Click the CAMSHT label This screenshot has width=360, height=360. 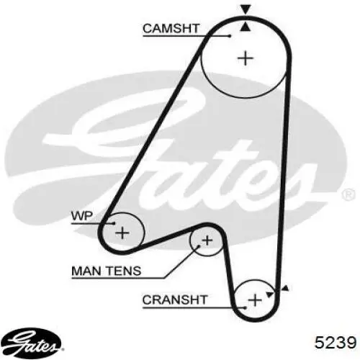171,28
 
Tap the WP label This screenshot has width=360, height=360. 82,216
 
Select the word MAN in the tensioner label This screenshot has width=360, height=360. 86,271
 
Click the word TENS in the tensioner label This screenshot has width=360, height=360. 124,271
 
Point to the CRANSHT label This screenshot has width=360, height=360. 175,300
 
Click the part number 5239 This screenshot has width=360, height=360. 336,342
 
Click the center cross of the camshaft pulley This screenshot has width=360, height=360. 246,58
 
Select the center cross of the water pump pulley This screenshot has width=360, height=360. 122,233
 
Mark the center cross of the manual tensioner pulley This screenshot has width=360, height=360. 207,240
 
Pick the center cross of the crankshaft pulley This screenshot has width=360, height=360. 255,300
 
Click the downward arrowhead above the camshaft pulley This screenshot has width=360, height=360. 246,9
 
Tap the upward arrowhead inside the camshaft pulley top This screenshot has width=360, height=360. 245,27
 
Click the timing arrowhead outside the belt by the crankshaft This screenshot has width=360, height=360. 285,289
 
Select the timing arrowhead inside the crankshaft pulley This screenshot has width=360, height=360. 269,294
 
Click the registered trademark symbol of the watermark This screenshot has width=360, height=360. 348,194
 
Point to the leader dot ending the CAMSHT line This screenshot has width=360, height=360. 230,36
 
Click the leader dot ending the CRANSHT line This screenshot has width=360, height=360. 245,307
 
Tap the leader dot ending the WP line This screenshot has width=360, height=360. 114,223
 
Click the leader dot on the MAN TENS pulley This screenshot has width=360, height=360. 199,246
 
